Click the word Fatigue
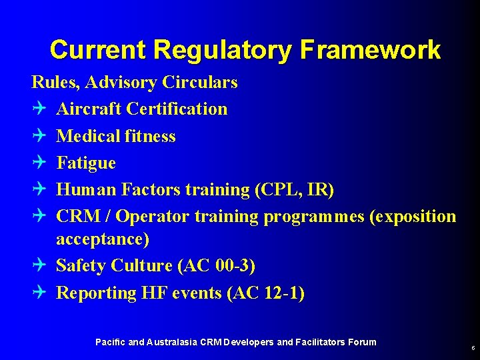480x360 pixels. (86, 163)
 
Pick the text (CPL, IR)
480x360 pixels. (294, 189)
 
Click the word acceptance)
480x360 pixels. (103, 239)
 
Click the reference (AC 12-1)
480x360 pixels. (265, 293)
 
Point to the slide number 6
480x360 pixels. (473, 348)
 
